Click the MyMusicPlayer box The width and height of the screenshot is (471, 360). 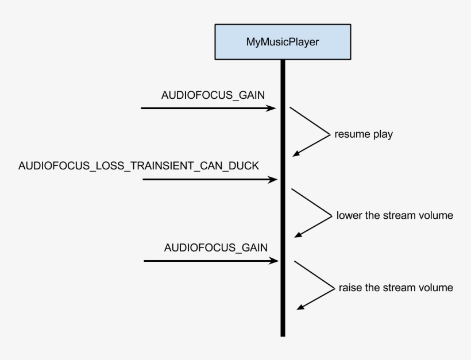(x=283, y=42)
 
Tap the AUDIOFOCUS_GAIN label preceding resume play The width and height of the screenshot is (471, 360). (x=213, y=95)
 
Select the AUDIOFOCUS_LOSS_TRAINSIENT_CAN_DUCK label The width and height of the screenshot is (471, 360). (x=138, y=166)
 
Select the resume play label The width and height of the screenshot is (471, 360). (x=363, y=135)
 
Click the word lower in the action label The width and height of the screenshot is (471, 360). (x=349, y=216)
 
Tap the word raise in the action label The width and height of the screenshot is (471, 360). (x=350, y=287)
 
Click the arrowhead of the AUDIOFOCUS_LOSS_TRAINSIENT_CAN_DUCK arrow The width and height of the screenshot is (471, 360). (x=274, y=180)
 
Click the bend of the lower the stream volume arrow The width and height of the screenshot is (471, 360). (x=332, y=215)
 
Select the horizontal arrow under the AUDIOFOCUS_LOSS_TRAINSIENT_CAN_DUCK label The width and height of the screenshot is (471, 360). (x=210, y=180)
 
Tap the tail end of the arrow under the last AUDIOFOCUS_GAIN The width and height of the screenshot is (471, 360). (x=145, y=261)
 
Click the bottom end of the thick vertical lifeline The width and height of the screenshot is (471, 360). (x=283, y=334)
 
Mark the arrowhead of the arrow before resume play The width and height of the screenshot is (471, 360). (x=273, y=108)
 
